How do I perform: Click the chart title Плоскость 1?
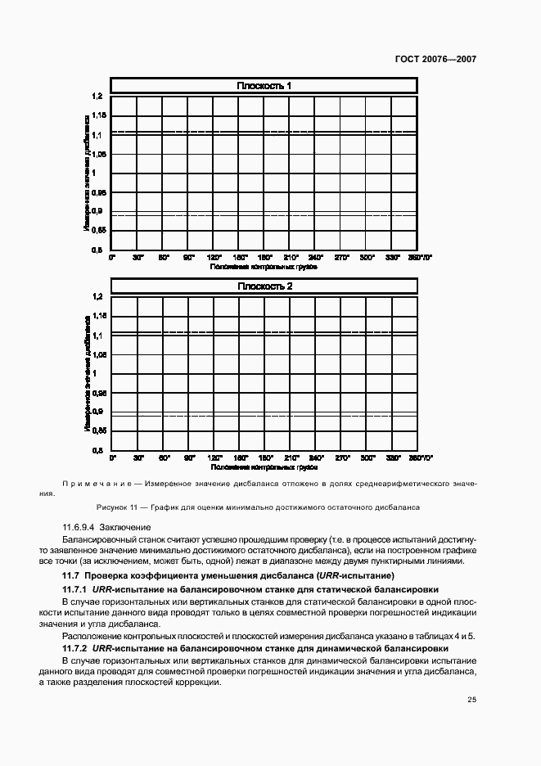point(264,86)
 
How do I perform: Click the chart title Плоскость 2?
point(264,286)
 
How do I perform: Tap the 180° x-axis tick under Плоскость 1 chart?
point(265,257)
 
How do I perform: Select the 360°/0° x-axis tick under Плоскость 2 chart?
point(420,457)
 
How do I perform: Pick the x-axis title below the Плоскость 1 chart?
point(264,266)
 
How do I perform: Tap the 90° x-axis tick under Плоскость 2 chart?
point(189,457)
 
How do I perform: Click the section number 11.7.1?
point(76,589)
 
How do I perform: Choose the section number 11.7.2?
point(76,647)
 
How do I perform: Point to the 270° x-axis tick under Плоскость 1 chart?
point(342,257)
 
